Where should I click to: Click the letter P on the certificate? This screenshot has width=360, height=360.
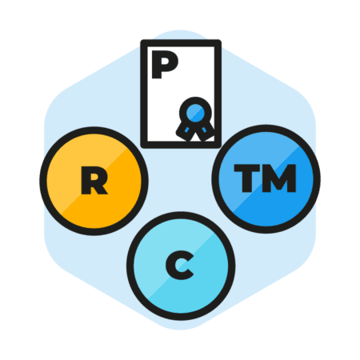[x=165, y=65]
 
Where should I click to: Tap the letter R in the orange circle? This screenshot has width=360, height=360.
[x=94, y=180]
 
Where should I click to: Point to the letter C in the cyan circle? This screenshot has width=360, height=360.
[x=179, y=266]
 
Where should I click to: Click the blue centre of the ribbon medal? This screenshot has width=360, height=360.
[x=195, y=113]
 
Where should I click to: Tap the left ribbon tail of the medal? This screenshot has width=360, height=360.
[x=185, y=130]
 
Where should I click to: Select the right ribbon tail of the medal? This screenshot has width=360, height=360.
[x=206, y=130]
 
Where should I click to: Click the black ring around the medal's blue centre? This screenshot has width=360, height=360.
[x=195, y=100]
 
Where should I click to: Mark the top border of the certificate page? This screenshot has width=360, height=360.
[x=181, y=43]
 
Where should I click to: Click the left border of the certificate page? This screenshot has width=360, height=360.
[x=144, y=94]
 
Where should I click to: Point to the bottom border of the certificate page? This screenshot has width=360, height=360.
[x=181, y=145]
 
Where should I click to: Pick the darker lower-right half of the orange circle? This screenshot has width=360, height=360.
[x=114, y=202]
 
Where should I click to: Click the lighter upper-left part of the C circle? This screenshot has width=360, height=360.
[x=160, y=240]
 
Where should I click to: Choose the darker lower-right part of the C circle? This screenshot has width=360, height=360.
[x=202, y=290]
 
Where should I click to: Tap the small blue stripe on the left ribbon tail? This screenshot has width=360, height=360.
[x=187, y=130]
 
